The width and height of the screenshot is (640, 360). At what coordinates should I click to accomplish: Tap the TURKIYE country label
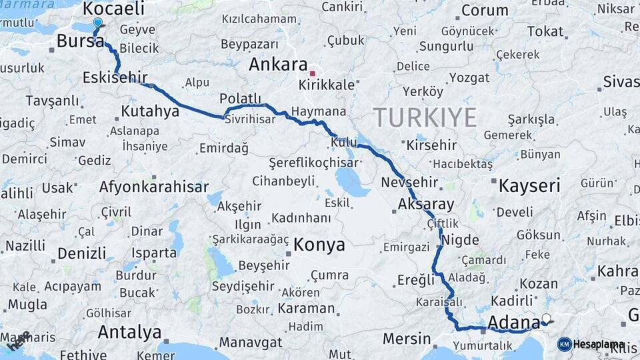tap(425, 117)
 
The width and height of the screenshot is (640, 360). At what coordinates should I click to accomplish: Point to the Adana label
tap(513, 323)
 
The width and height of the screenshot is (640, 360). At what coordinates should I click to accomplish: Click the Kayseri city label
tap(529, 185)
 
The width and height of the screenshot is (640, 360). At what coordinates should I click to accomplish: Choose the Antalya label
tap(129, 332)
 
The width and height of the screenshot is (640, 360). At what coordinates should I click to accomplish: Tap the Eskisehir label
tap(115, 78)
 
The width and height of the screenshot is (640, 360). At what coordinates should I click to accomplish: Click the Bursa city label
tap(79, 41)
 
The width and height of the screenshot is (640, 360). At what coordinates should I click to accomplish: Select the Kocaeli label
tap(114, 9)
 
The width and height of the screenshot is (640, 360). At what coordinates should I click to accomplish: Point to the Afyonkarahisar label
tap(154, 187)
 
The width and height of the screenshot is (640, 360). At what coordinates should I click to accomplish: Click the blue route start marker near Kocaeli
tap(98, 22)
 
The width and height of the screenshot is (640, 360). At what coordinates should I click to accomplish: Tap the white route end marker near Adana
tap(547, 319)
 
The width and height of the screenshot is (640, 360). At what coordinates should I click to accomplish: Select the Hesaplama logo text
tap(599, 344)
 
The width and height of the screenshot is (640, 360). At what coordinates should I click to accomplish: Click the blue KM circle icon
tap(564, 344)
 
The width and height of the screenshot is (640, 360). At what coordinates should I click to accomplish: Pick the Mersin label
tap(407, 338)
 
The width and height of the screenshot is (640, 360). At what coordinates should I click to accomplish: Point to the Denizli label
tap(81, 253)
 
